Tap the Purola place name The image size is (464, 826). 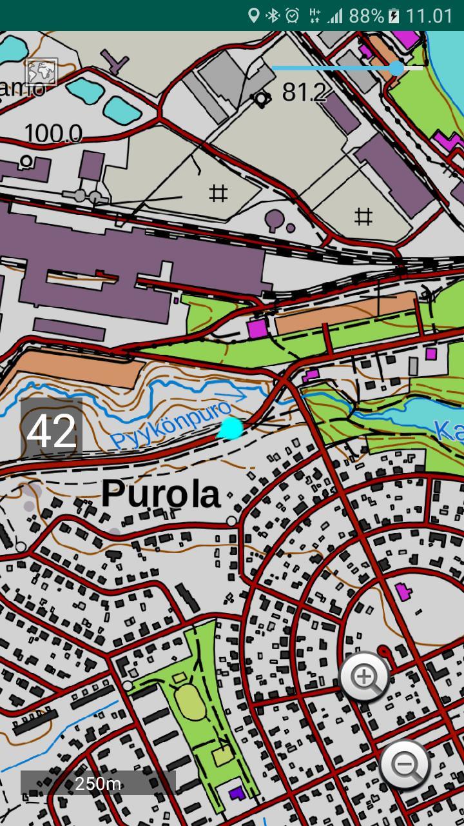[x=160, y=495]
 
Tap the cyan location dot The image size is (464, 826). [x=231, y=428]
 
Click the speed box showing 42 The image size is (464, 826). [x=52, y=431]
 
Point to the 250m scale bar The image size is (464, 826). [x=98, y=783]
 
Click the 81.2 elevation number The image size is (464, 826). [x=304, y=93]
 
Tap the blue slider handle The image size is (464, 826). [x=396, y=68]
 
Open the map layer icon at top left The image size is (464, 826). [x=41, y=72]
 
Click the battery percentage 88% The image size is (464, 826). [x=366, y=15]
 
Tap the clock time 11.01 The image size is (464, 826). [x=429, y=15]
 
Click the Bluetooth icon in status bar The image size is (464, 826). [x=273, y=15]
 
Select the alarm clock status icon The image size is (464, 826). [x=293, y=15]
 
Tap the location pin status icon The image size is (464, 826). [x=254, y=15]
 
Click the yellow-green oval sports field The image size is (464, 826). [x=189, y=701]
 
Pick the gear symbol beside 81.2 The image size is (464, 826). [x=261, y=98]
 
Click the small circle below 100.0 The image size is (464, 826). [x=26, y=161]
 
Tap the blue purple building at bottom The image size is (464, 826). [x=237, y=792]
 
